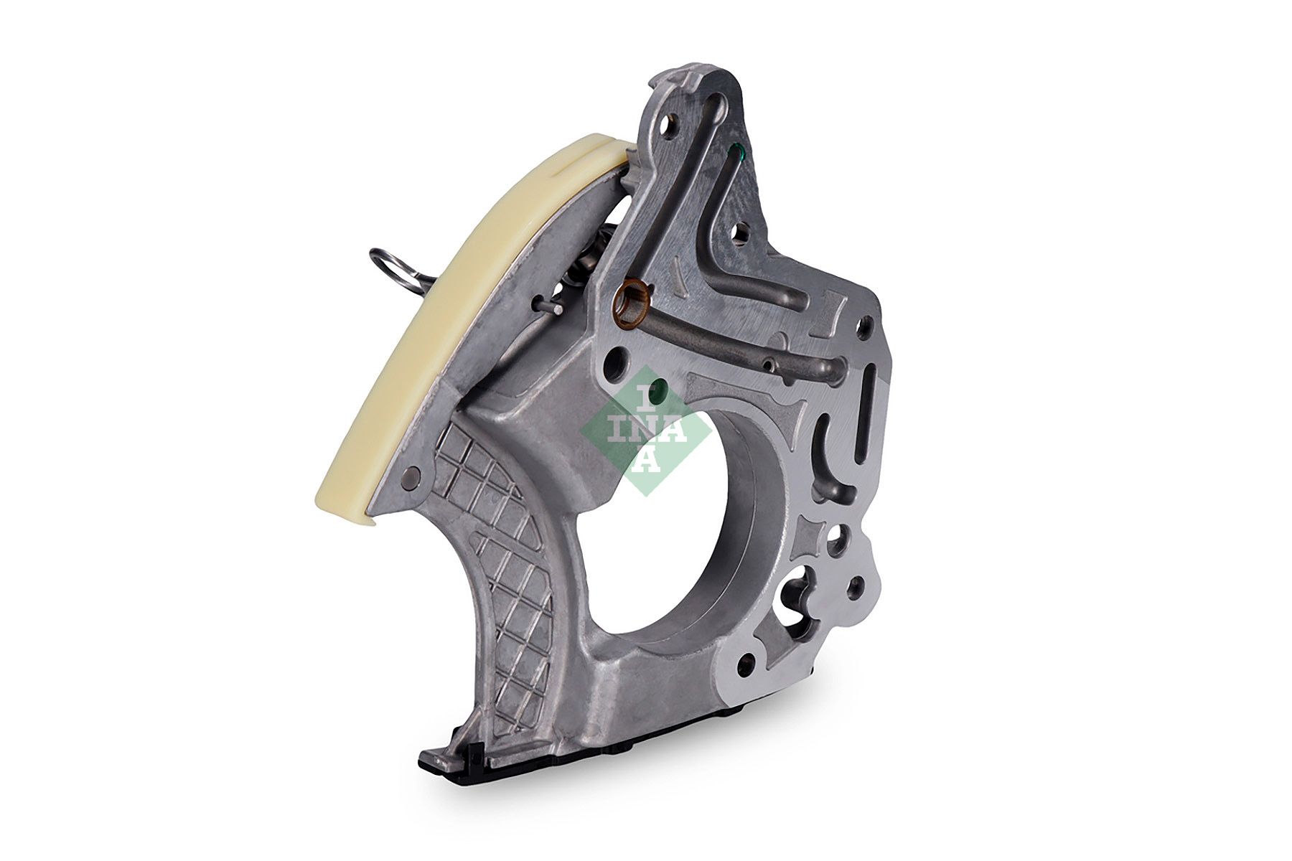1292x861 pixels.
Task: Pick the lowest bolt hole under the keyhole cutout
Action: pyautogui.click(x=747, y=642)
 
